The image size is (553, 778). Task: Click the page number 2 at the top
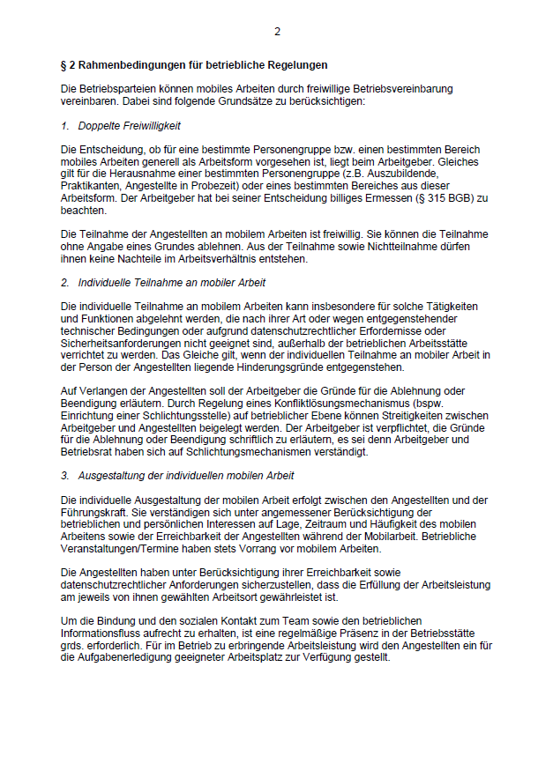point(277,32)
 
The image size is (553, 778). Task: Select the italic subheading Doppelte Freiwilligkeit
point(129,126)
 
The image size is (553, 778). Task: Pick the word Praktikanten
point(93,187)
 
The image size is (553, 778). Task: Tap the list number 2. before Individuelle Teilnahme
point(65,283)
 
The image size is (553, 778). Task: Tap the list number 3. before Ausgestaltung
point(65,476)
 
